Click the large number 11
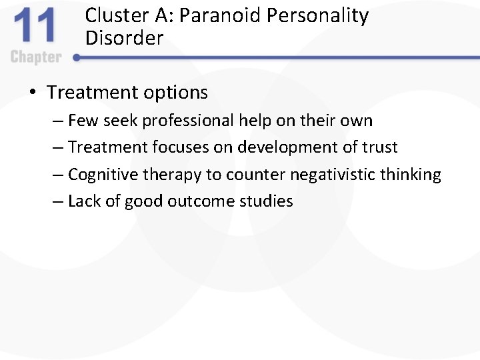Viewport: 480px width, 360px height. (35, 27)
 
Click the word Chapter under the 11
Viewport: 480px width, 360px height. (36, 57)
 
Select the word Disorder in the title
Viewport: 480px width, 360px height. (124, 38)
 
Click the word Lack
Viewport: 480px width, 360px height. (83, 201)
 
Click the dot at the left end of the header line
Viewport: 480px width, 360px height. (77, 58)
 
